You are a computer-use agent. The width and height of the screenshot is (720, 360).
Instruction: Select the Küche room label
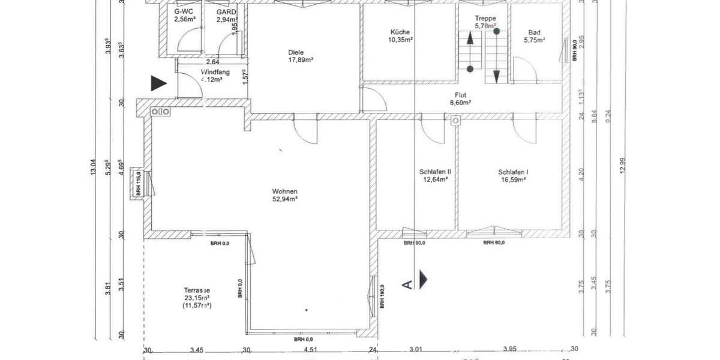400,32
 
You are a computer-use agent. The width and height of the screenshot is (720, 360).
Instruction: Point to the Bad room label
534,32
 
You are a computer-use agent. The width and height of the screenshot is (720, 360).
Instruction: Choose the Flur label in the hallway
461,95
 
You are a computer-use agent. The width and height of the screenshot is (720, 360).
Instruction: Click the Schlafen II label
435,172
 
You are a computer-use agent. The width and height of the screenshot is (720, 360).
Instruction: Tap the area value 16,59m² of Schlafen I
512,179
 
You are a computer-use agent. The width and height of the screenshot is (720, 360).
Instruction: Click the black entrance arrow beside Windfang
158,83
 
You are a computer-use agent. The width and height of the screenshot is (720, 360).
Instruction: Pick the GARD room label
227,11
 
